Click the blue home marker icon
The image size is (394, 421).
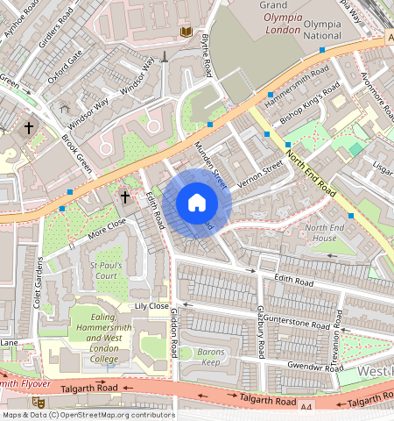[x=197, y=203]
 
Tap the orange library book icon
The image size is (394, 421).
[x=185, y=32]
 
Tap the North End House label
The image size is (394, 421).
[x=320, y=233]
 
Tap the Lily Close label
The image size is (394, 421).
[x=151, y=306]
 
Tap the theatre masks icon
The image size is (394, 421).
[x=39, y=400]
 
